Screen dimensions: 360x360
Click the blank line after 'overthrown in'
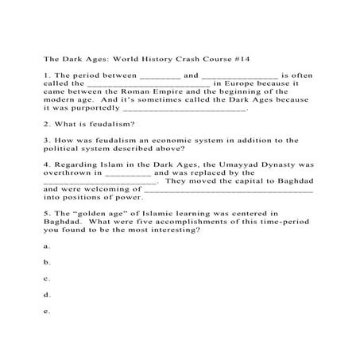click(x=127, y=174)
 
